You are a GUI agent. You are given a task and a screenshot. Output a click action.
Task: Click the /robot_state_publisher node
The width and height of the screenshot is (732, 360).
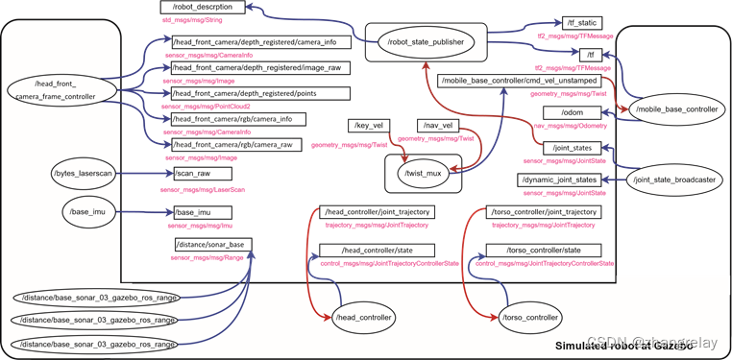426,42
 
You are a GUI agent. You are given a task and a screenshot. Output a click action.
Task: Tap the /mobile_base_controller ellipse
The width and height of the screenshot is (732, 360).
676,110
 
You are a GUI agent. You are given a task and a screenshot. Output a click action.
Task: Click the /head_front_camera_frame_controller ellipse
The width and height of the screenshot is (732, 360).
56,91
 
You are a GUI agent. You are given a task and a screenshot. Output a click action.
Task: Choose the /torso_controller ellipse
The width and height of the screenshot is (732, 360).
529,317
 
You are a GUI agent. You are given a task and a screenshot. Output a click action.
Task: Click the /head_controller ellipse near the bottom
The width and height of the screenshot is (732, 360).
365,317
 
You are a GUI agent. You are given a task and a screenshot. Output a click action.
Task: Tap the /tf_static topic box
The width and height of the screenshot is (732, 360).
582,23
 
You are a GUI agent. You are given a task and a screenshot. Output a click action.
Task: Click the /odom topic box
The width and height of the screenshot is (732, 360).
573,113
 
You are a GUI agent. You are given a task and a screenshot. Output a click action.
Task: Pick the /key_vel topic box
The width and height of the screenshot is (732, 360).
368,126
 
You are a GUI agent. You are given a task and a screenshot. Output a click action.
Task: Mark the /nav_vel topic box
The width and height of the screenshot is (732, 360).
437,126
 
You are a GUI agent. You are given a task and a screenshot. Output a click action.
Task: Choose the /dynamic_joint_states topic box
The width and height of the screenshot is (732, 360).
561,180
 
